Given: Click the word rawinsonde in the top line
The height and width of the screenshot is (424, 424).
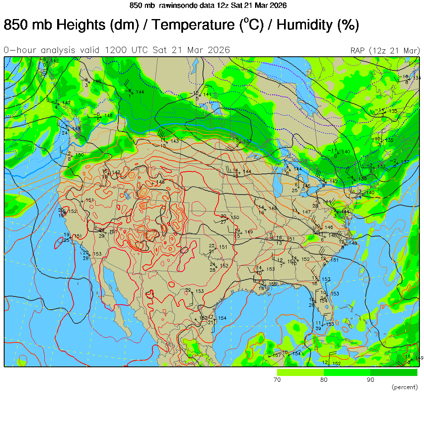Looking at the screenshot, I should click(176, 5).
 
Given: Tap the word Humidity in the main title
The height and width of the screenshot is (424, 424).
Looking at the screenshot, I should click(304, 25).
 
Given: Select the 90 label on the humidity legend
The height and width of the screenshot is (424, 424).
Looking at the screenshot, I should click(370, 380).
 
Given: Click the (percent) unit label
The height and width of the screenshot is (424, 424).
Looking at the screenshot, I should click(404, 387).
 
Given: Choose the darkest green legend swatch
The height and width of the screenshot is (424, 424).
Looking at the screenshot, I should click(394, 372).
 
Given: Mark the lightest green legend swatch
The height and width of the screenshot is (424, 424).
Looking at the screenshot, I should click(300, 372).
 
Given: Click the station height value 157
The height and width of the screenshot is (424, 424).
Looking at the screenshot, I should click(277, 355).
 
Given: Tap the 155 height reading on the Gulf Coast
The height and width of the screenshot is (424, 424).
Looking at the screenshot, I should click(273, 284).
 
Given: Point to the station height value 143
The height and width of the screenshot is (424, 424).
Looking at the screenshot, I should click(174, 141).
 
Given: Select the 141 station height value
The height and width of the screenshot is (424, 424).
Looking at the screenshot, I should click(207, 94).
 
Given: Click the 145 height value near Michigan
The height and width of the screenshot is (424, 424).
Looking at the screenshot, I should click(306, 186).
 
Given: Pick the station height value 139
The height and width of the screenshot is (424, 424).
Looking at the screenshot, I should click(362, 178).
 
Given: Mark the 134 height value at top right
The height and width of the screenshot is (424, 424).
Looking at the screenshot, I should click(417, 78).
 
